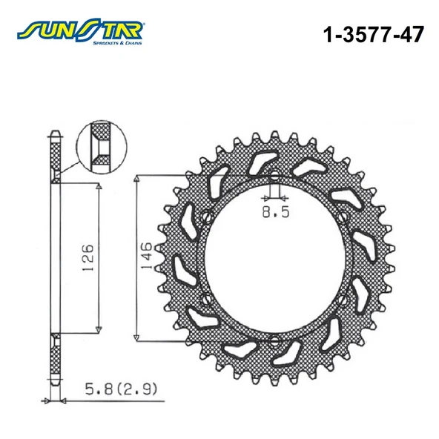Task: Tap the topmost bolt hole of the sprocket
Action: (x=273, y=177)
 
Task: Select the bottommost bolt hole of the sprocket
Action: (x=273, y=340)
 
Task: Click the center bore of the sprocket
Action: (x=273, y=260)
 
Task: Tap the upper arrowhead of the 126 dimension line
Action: (x=99, y=188)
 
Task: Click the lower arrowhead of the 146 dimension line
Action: (x=137, y=335)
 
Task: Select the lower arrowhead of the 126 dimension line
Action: (x=99, y=329)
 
